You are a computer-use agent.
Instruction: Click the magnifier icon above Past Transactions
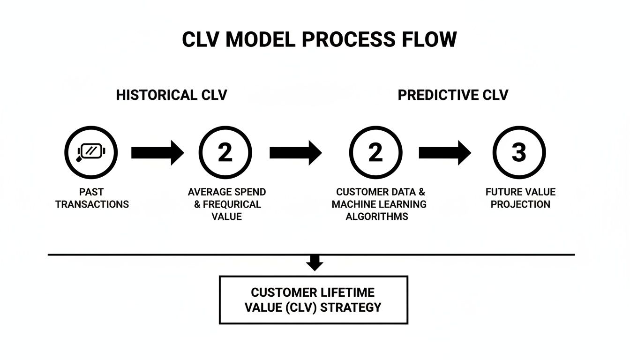pos(91,152)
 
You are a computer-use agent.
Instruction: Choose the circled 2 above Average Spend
pos(225,152)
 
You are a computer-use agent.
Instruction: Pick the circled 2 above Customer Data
pos(375,152)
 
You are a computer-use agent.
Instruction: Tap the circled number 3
pos(519,152)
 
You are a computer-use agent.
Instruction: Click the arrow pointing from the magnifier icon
pos(157,152)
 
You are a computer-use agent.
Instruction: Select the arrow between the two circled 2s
pos(296,152)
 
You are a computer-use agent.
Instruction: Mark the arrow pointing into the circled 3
pos(444,152)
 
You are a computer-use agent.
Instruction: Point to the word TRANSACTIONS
pos(92,204)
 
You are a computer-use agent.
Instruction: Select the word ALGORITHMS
pos(377,217)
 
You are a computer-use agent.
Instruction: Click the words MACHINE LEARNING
pos(379,204)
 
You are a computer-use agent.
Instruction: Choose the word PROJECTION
pos(520,204)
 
